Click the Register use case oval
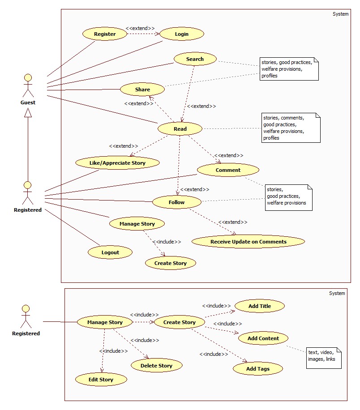point(105,34)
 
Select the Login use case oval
point(182,34)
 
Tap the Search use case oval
point(195,59)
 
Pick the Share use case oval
point(142,90)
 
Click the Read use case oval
point(180,129)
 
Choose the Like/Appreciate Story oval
point(117,163)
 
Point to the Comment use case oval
point(228,170)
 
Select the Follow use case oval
point(176,202)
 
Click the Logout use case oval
point(110,252)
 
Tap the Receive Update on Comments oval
point(248,242)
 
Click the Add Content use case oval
point(263,338)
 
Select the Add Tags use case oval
point(258,369)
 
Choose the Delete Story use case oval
point(156,365)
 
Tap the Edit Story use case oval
point(101,380)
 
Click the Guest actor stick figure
point(28,85)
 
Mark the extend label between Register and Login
point(140,28)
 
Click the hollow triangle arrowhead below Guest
point(28,114)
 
